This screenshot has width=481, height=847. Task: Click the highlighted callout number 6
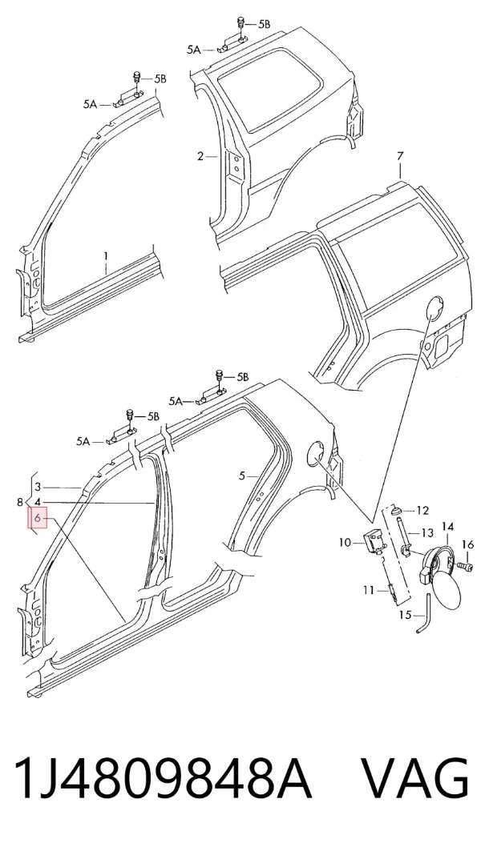(x=38, y=519)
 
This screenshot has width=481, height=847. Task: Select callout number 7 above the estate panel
(x=400, y=157)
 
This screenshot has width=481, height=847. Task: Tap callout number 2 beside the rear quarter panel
(x=200, y=157)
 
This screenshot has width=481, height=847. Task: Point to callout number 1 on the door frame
(x=107, y=255)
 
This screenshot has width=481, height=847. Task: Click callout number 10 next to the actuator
(x=346, y=542)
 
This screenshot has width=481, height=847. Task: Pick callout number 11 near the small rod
(x=368, y=590)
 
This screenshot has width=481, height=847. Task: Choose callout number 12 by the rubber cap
(x=422, y=511)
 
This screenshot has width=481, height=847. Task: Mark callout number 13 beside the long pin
(x=427, y=533)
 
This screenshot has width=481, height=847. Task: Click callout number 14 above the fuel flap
(x=448, y=526)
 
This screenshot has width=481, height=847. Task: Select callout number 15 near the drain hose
(x=406, y=615)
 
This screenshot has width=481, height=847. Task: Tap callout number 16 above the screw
(x=467, y=544)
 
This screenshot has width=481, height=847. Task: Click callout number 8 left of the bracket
(x=20, y=503)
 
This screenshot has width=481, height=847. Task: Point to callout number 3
(x=38, y=488)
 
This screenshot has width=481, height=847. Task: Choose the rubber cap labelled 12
(x=397, y=509)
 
